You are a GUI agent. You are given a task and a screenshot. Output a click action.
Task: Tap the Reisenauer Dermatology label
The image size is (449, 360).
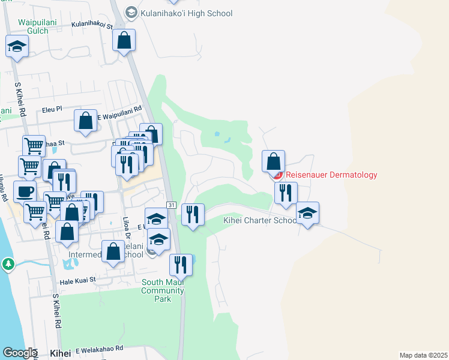pos(331,175)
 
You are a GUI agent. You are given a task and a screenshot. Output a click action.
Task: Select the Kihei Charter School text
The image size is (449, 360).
pos(260,220)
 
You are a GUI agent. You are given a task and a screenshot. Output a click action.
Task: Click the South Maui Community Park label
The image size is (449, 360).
pos(163,291)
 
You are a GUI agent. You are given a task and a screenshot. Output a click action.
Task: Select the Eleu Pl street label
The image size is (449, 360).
pos(52,110)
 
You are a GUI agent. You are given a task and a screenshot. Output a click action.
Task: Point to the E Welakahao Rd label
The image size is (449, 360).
pos(99,349)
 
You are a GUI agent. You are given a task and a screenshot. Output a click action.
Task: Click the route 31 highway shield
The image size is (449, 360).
pos(171,205)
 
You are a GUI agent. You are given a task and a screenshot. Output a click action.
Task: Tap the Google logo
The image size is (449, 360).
pos(19,353)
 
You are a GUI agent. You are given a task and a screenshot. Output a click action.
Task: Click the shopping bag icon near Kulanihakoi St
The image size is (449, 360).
pos(124,40)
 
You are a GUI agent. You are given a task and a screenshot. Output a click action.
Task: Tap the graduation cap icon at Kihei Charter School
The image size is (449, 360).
pos(307,212)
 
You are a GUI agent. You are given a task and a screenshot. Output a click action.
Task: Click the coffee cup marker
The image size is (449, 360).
pos(25,191)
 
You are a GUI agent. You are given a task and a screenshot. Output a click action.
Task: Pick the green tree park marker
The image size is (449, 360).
pos(8,263)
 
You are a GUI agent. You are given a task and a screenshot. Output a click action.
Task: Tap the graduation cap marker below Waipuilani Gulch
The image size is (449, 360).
pos(17,46)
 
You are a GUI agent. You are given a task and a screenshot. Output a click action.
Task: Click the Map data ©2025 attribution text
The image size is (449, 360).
pos(423,355)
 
